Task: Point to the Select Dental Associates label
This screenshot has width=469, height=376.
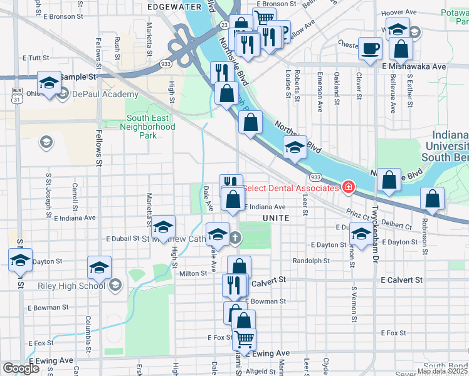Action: [x=291, y=188]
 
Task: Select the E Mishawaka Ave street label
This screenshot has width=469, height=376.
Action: [x=412, y=66]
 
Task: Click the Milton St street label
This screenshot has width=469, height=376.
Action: [x=193, y=273]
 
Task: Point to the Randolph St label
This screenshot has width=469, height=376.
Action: [x=311, y=261]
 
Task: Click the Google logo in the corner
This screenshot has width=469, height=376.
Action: [x=21, y=368]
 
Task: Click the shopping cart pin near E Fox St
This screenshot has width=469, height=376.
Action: [x=244, y=338]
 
